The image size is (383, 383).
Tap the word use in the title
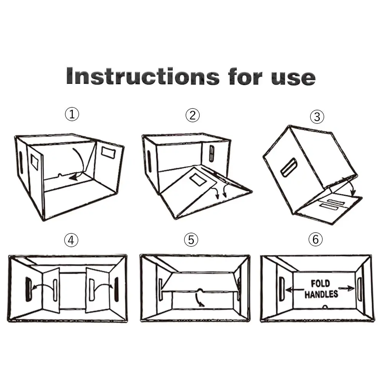tap(293, 78)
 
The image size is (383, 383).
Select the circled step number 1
tap(72, 114)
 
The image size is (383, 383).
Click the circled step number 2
tap(193, 115)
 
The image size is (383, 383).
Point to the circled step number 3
tap(317, 117)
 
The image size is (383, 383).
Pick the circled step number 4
tap(71, 240)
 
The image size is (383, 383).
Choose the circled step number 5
tap(191, 239)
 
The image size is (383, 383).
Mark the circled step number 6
tap(315, 239)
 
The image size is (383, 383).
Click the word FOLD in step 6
tap(320, 283)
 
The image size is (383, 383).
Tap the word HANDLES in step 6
tap(321, 294)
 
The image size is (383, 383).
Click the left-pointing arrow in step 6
tap(295, 290)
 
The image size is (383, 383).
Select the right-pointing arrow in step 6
tap(346, 288)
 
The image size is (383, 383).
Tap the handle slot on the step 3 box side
tap(289, 167)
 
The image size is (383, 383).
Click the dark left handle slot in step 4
tap(28, 289)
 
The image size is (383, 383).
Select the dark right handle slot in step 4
tap(116, 289)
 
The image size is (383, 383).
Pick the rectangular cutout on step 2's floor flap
tap(198, 180)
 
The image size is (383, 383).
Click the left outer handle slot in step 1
tap(21, 162)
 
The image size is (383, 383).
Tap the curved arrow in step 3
tap(350, 186)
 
